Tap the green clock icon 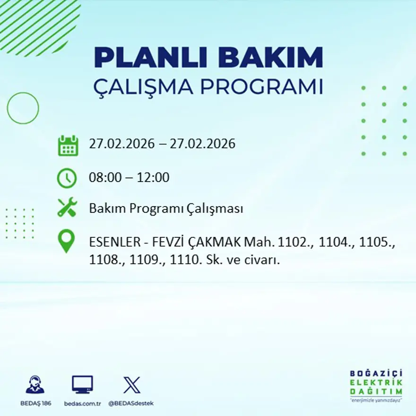67,178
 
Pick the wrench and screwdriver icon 67,208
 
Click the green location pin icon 67,241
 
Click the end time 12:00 153,178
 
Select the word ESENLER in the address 113,243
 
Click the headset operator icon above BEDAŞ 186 35,384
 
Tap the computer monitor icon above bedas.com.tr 82,384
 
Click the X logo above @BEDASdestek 131,384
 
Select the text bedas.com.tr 82,403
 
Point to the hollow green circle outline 23,108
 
